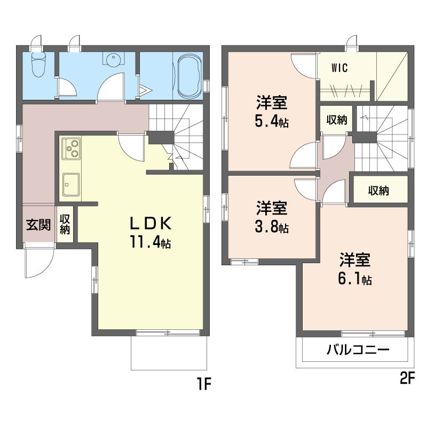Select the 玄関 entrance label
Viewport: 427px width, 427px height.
38,225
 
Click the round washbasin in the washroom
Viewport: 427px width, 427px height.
113,60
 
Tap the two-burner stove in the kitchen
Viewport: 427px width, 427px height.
72,148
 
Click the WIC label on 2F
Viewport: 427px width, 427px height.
339,68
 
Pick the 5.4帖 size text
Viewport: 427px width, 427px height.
272,122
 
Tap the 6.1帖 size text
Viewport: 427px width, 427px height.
355,279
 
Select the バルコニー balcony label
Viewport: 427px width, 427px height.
358,351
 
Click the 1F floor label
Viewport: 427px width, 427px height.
204,383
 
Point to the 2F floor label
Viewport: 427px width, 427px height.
407,379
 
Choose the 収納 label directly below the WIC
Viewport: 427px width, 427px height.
336,120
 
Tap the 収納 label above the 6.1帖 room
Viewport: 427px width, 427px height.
378,191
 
